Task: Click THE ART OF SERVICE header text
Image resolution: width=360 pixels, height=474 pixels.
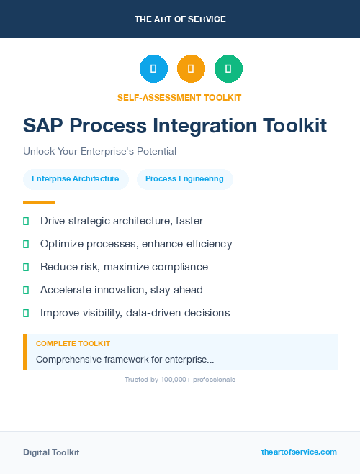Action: point(180,19)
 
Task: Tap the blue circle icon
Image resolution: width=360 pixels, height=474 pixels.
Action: point(153,68)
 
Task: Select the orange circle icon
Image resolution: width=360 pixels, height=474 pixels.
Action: point(191,68)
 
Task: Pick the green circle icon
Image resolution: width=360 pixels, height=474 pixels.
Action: point(228,68)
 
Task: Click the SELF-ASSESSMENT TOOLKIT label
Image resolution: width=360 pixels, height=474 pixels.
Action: point(179,97)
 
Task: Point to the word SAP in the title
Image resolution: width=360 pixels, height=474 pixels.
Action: point(42,126)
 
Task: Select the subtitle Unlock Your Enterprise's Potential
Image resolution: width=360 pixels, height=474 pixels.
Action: point(99,152)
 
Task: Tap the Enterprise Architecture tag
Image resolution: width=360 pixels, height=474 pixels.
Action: point(76,179)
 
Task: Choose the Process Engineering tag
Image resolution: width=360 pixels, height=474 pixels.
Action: point(184,179)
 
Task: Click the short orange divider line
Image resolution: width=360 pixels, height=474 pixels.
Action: point(39,202)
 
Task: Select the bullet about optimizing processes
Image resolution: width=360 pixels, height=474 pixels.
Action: point(136,244)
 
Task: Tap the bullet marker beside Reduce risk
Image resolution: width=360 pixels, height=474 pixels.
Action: point(26,267)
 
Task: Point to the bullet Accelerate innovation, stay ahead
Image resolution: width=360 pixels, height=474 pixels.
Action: point(122,290)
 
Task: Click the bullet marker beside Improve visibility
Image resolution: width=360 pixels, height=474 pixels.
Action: point(26,313)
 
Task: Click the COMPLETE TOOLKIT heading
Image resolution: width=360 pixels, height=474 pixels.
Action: point(73,344)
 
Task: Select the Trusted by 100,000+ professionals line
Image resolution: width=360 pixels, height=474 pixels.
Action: point(180,379)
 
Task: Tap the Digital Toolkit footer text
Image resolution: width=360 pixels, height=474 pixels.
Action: point(51,452)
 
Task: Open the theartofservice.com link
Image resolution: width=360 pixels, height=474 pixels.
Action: point(299,452)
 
